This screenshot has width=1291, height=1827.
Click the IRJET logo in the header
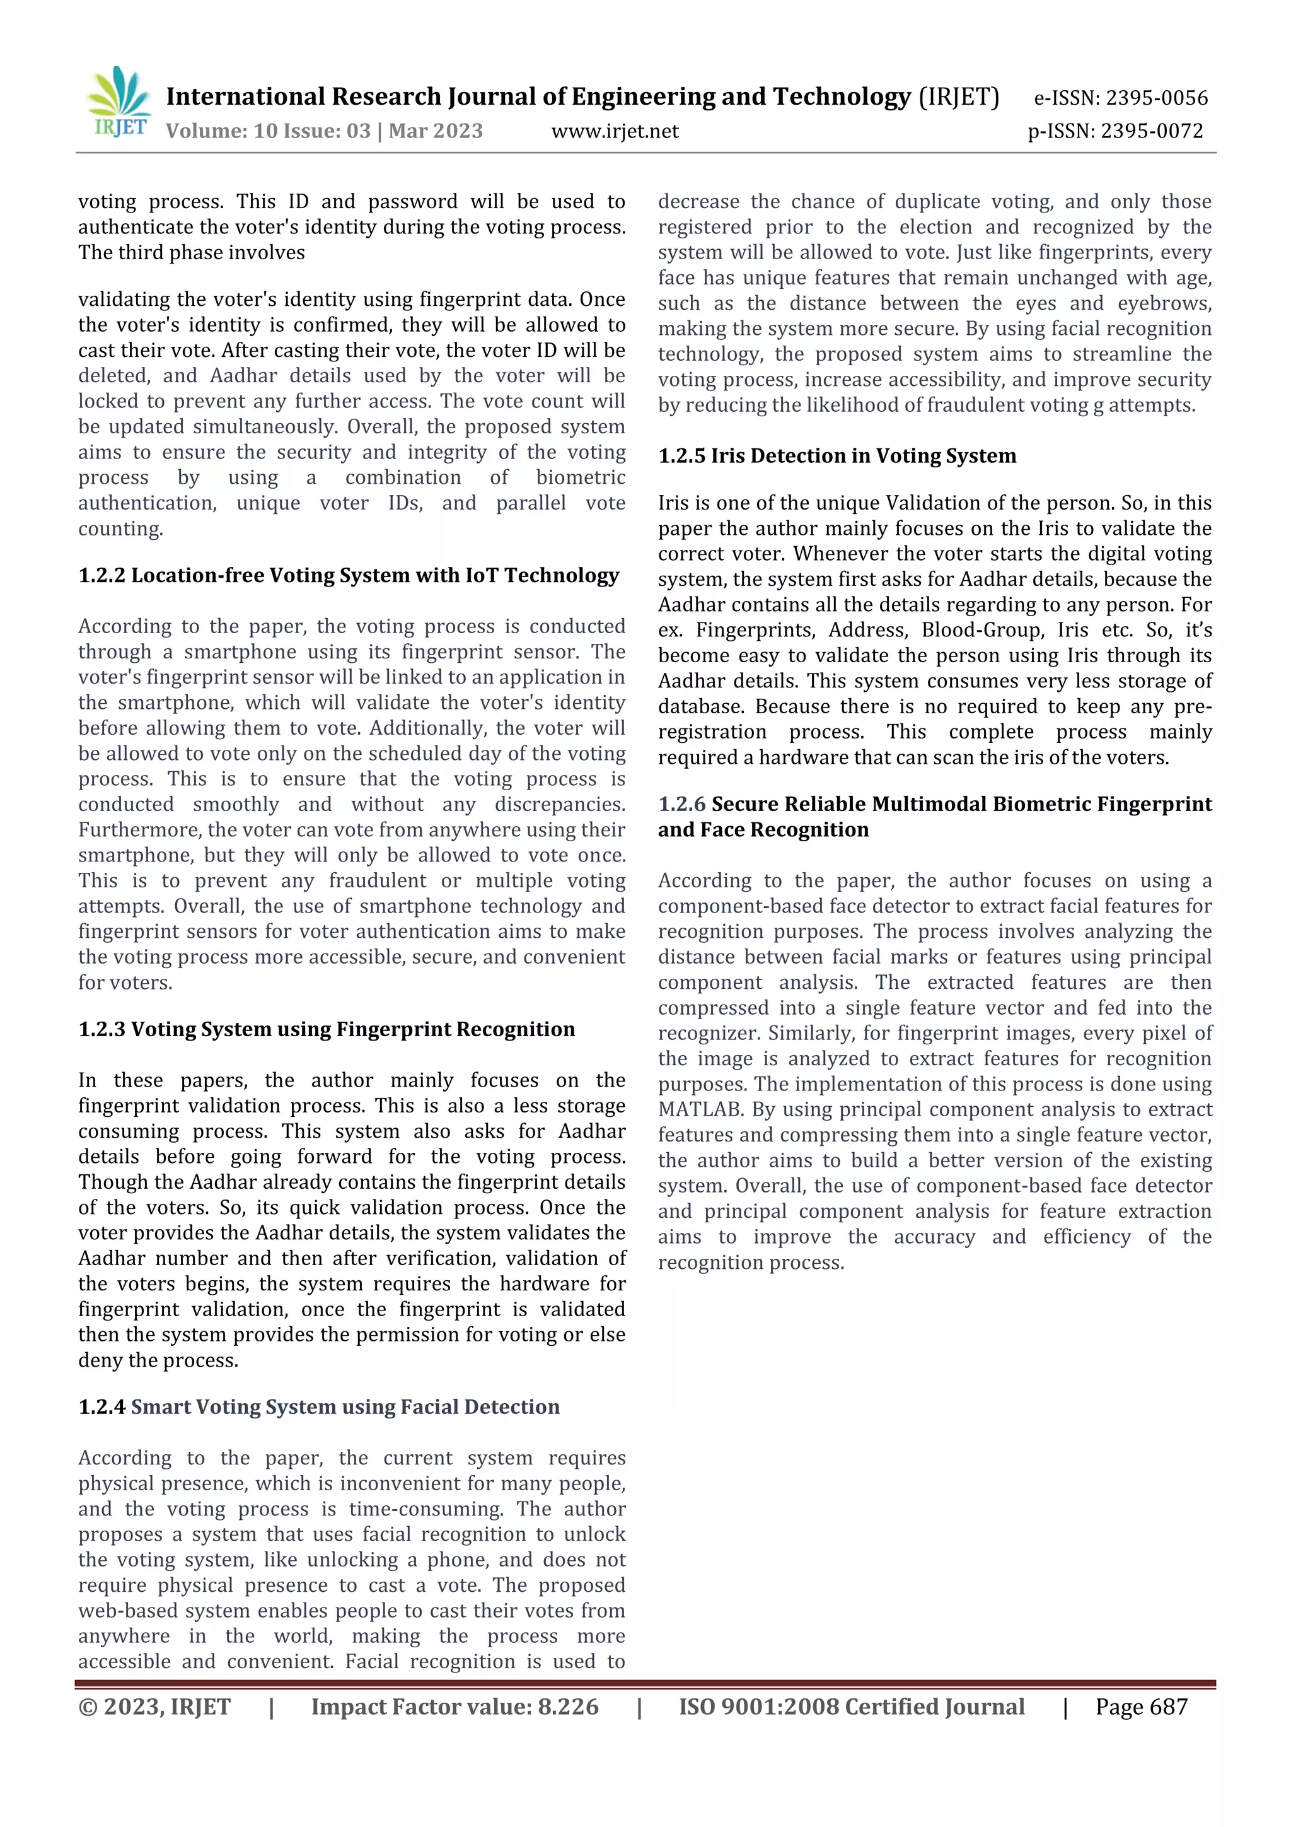point(119,103)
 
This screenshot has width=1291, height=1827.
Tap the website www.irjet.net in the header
point(615,131)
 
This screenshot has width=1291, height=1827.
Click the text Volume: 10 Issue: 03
point(268,131)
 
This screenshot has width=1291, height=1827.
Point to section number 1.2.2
point(102,575)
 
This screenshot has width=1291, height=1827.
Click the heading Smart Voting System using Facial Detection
point(345,1406)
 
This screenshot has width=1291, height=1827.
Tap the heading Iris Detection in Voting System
point(863,456)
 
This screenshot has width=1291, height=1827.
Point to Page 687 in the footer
point(1141,1706)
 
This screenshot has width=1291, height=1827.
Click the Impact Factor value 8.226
point(568,1706)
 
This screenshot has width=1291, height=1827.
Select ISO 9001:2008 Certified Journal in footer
point(851,1706)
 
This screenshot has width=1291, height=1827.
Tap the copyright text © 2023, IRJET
point(154,1706)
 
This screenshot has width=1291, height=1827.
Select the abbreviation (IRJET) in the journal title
point(959,97)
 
